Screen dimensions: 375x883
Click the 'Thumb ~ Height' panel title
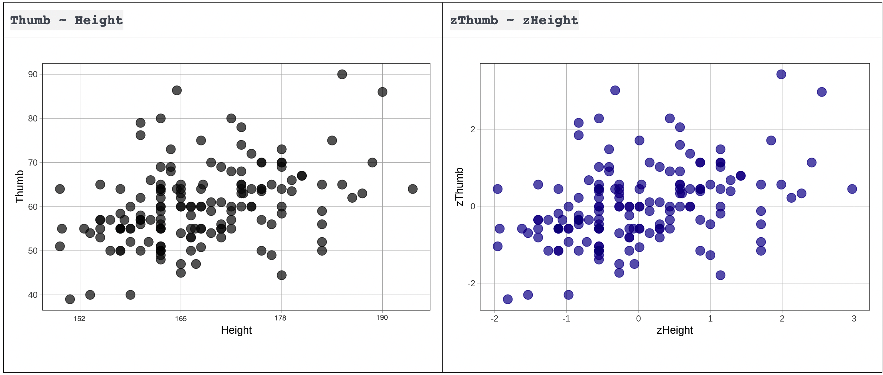click(x=66, y=20)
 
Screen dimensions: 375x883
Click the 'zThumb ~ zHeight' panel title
click(x=514, y=20)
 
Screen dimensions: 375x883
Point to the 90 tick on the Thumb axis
click(x=33, y=74)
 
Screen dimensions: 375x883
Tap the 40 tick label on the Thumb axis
click(x=33, y=295)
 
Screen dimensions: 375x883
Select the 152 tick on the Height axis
click(x=79, y=319)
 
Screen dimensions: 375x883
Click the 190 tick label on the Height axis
click(x=382, y=317)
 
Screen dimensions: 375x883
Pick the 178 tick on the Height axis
click(x=280, y=318)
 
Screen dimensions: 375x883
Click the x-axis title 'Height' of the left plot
click(x=236, y=330)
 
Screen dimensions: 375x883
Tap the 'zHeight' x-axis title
click(x=675, y=330)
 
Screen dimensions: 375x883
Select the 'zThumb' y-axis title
click(x=459, y=187)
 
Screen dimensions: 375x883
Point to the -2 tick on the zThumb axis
click(x=471, y=283)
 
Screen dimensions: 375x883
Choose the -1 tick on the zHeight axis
click(x=566, y=319)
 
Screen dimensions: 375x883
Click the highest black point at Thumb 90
click(x=342, y=74)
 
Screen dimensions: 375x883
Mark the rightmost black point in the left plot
click(x=413, y=189)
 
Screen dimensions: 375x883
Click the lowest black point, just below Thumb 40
click(x=70, y=299)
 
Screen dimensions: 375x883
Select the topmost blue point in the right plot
click(x=781, y=74)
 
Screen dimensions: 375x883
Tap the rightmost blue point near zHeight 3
click(x=852, y=189)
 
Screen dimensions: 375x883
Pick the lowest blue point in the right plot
click(x=508, y=299)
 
